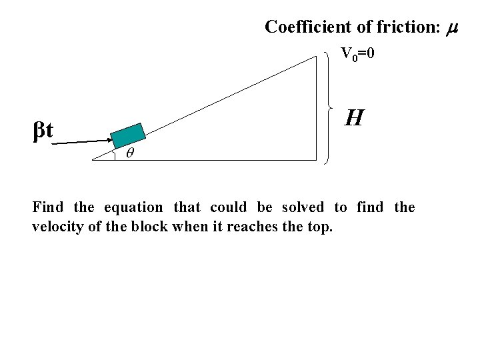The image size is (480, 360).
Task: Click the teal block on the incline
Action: pos(128,135)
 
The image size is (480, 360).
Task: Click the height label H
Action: pos(354,119)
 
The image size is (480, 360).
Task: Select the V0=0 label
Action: pos(358,54)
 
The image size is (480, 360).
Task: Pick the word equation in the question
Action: pos(133,208)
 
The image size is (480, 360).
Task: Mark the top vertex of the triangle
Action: pos(317,56)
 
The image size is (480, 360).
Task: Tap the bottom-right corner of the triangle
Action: pos(317,160)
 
